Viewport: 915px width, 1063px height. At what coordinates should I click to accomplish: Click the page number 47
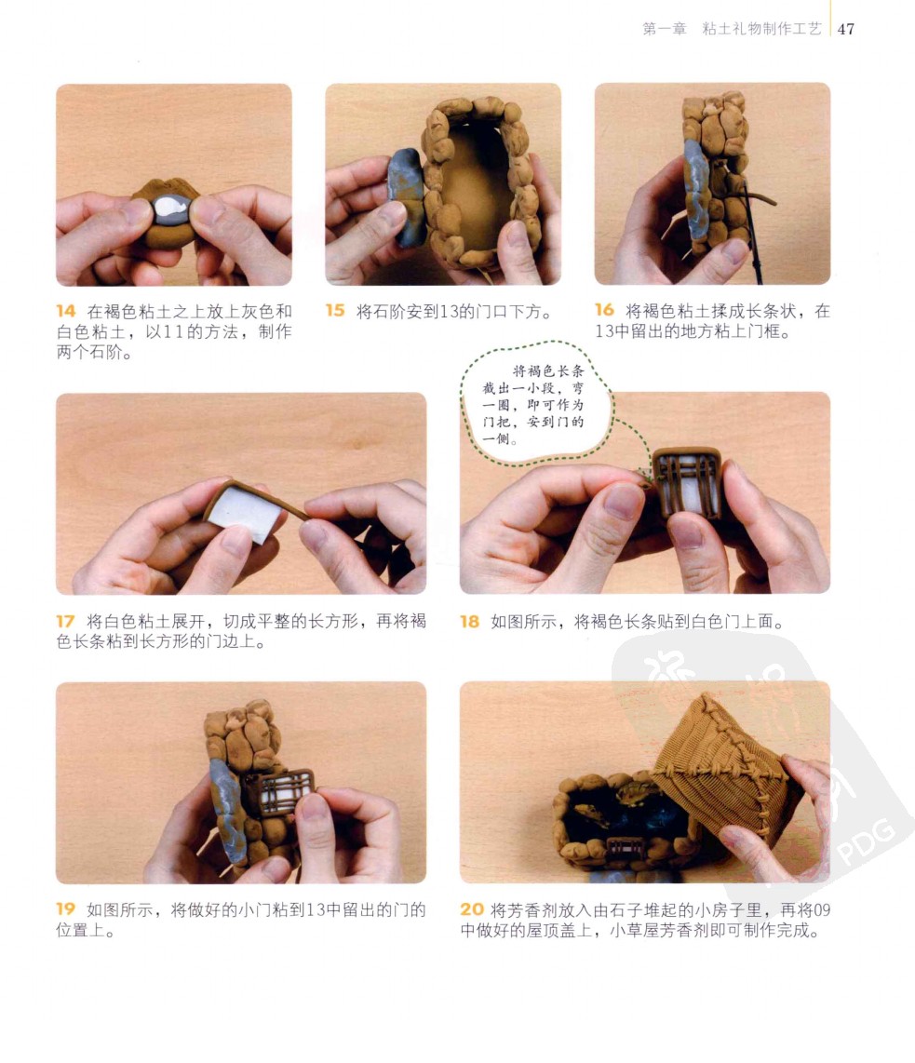846,29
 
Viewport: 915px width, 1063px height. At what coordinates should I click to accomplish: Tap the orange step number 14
66,311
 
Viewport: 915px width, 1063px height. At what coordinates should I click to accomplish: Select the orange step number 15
335,310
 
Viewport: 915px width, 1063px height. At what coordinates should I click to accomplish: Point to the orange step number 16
604,310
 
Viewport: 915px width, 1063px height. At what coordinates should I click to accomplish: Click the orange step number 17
65,621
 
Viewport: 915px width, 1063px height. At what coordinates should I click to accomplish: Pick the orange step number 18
470,621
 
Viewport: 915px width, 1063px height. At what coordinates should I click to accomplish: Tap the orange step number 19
65,908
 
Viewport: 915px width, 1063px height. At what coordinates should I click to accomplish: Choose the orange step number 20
472,909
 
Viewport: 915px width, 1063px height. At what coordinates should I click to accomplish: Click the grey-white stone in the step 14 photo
171,209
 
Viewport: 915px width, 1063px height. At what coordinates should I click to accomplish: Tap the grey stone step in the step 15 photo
405,195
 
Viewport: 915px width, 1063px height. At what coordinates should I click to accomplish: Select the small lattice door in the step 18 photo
687,483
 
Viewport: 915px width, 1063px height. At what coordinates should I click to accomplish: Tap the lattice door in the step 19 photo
285,790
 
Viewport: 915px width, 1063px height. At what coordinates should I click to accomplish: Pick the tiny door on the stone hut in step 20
626,848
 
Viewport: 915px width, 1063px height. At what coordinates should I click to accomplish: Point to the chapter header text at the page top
732,29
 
